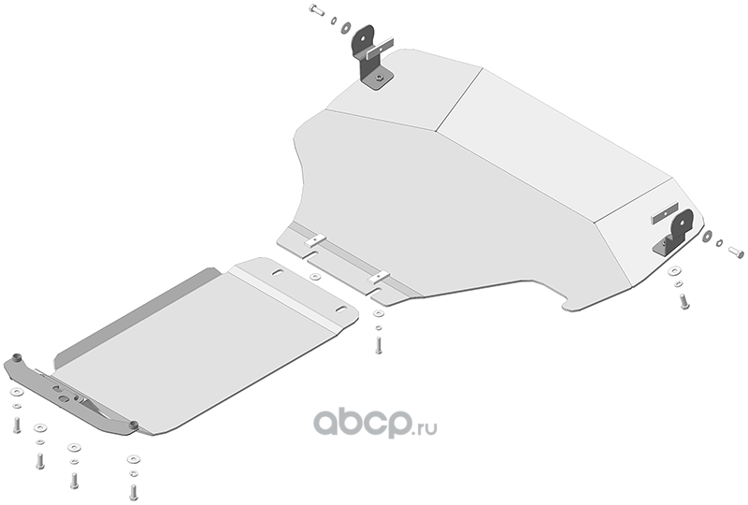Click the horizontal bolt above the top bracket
tap(317, 9)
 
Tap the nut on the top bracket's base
tap(381, 77)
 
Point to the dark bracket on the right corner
tap(673, 234)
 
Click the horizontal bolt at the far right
tap(736, 252)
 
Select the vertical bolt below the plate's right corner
tap(684, 301)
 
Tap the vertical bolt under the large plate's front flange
tap(379, 345)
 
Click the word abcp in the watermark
tap(363, 423)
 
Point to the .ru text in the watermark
tap(425, 427)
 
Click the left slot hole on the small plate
tap(278, 272)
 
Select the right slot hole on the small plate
tap(341, 310)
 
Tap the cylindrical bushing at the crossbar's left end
tap(18, 357)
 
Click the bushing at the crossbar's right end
tap(134, 425)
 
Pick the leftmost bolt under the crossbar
tap(17, 426)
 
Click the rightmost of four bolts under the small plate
tap(134, 492)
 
